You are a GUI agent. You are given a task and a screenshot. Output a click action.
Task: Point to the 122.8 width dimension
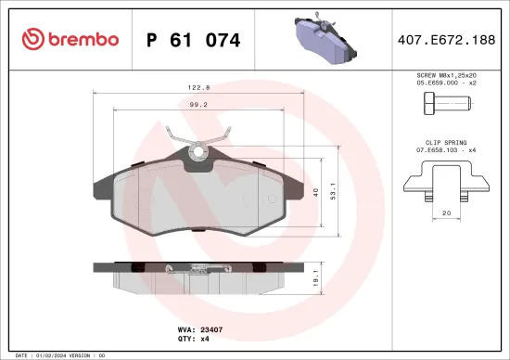click(196, 88)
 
